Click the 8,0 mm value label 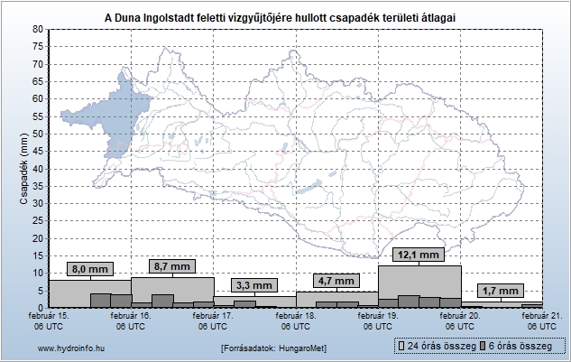point(90,269)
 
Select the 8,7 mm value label point(172,266)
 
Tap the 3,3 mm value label point(254,285)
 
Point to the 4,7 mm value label point(336,281)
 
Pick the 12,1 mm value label point(419,255)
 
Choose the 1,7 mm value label point(501,291)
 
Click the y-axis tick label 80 point(38,30)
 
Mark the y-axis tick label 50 point(38,134)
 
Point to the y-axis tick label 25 point(38,220)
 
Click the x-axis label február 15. point(50,317)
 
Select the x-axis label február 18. point(296,317)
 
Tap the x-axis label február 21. point(541,317)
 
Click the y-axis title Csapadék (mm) point(24,169)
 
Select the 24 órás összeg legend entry point(437,347)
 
